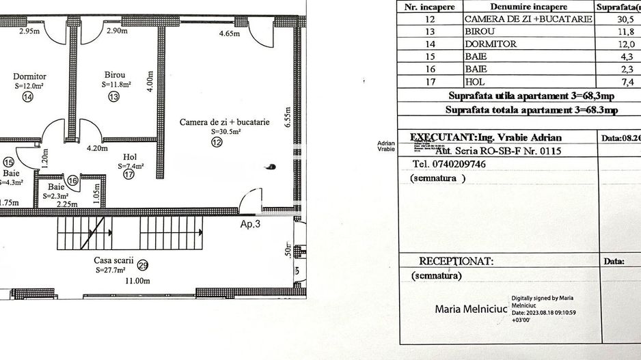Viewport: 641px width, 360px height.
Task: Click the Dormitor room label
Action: coord(29,77)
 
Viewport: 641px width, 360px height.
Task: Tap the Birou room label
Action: coord(114,74)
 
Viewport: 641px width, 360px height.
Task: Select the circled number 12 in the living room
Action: coord(217,143)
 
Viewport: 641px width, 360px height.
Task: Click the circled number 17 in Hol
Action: coord(128,175)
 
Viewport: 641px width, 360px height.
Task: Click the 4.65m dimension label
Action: coord(230,33)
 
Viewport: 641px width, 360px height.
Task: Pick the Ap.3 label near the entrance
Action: coord(249,223)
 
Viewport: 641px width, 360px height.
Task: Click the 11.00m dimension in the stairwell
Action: coord(137,281)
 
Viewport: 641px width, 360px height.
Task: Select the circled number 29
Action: coord(142,265)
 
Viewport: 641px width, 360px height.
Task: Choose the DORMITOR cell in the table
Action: coord(490,44)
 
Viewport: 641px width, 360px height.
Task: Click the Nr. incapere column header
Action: coord(430,8)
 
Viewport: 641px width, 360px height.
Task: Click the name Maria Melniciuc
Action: coord(471,309)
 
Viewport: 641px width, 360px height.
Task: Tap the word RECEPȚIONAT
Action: coord(455,261)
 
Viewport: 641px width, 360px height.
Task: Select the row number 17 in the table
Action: coord(430,81)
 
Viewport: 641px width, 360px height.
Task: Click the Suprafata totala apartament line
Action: coord(531,109)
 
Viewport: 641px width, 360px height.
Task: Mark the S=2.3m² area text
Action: coord(58,196)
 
